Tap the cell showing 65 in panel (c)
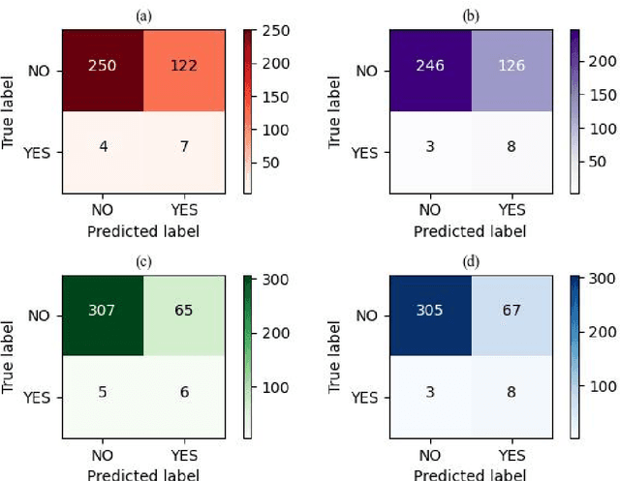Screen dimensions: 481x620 (182, 314)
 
